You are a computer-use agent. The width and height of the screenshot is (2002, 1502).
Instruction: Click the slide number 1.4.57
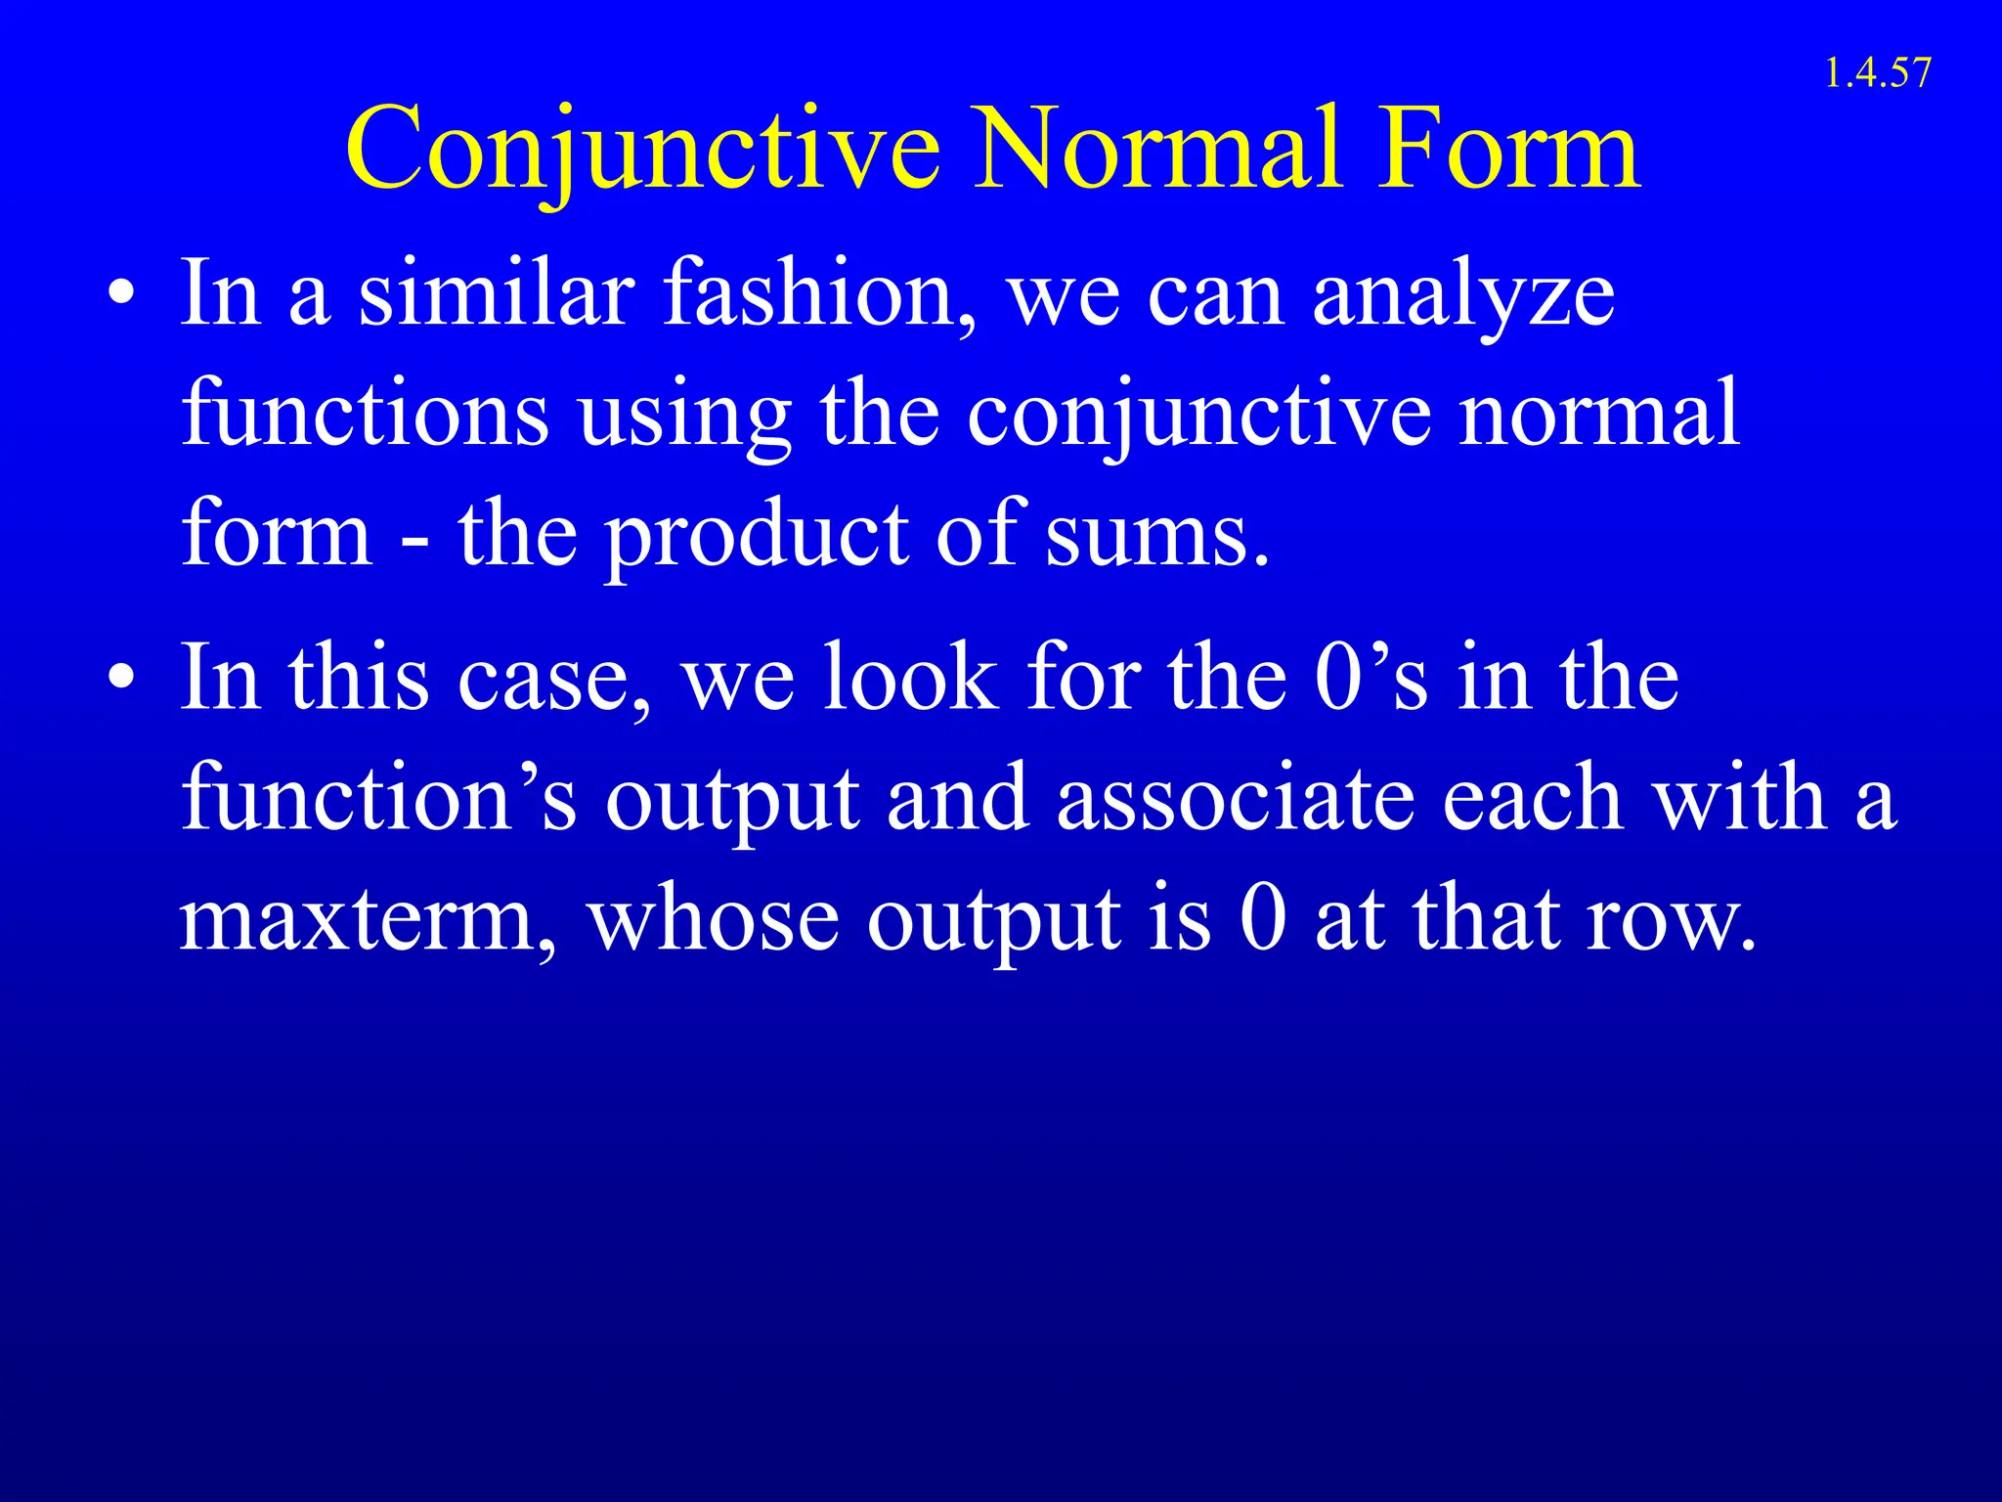1877,73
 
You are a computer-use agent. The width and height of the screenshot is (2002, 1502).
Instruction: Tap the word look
909,678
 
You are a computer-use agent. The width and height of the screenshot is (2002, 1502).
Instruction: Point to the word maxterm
367,920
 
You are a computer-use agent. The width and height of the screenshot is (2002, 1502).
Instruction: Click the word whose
713,920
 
